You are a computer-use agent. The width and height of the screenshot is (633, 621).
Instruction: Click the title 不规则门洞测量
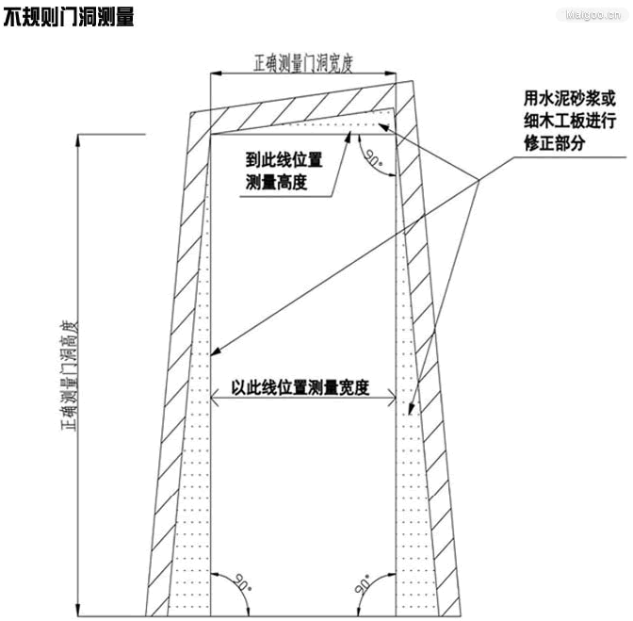pos(69,17)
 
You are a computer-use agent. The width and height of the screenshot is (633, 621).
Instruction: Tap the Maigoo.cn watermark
pos(593,15)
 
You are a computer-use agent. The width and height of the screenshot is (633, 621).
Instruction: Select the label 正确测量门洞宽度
pos(303,63)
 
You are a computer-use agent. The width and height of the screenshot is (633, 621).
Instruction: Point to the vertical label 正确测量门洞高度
pos(69,375)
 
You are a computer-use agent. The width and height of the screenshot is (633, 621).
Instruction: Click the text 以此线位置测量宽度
pos(300,387)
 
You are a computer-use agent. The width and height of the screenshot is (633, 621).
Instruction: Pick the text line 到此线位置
pos(284,159)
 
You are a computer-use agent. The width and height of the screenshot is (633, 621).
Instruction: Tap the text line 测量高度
pos(277,182)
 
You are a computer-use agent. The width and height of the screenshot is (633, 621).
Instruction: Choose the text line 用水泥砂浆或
pos(570,98)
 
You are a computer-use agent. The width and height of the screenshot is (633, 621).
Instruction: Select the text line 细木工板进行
pos(570,121)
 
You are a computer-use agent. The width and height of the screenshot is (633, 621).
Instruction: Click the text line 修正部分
pos(555,143)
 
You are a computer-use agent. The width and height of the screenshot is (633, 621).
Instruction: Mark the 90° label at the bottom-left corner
pos(243,582)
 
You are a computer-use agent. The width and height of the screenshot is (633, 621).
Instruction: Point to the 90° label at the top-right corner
pos(373,156)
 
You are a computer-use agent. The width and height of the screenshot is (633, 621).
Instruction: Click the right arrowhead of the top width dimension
pos(390,74)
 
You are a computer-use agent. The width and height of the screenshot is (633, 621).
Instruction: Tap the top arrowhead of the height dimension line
pos(78,140)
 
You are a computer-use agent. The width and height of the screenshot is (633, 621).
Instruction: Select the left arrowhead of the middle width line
pos(215,398)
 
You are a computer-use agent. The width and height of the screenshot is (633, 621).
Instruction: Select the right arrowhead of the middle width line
pos(391,398)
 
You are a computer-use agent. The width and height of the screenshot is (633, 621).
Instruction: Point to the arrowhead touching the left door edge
pos(215,351)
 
